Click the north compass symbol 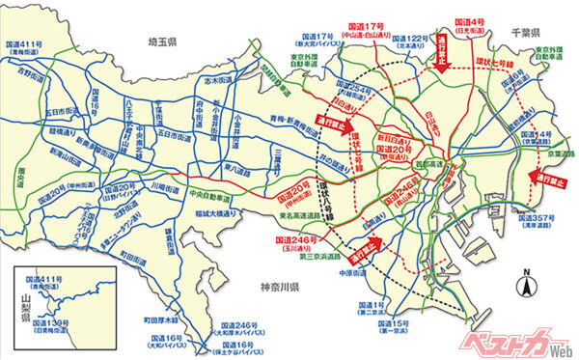[527, 284]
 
